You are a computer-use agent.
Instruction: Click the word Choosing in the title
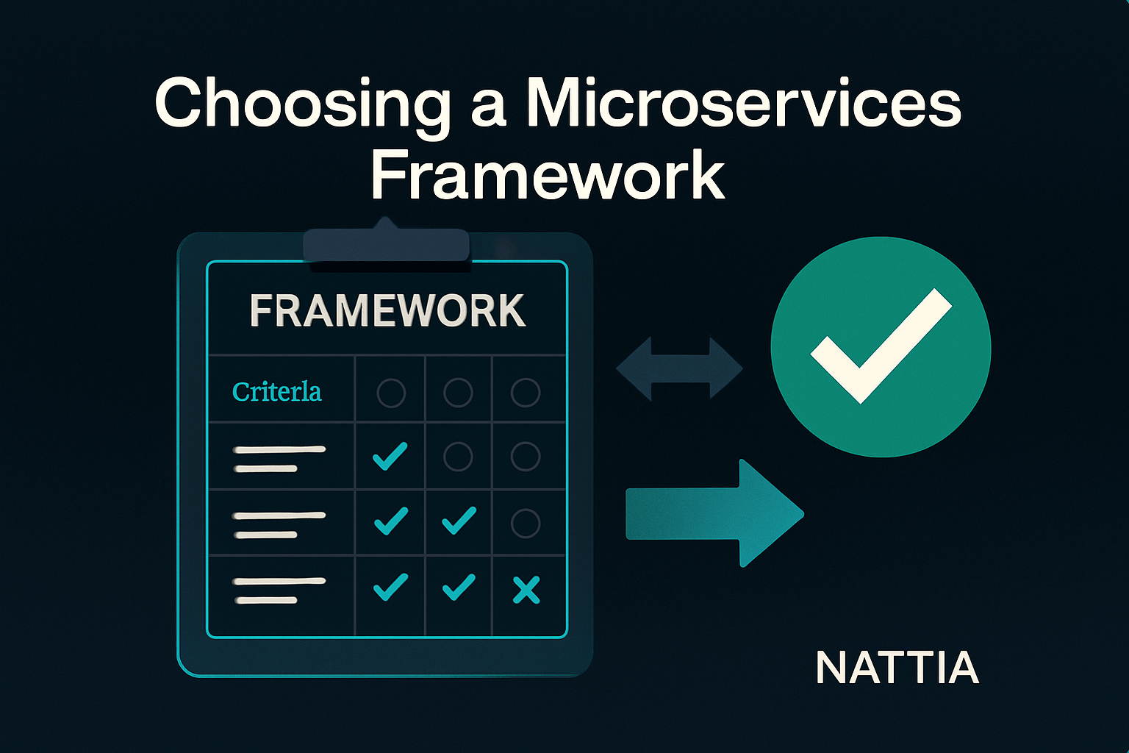point(302,107)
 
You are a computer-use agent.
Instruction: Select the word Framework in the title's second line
point(548,175)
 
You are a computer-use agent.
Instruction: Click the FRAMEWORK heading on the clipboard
point(387,310)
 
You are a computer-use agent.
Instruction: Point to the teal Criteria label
point(276,392)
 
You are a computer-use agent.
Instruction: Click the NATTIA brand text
point(897,667)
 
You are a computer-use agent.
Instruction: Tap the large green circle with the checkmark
point(881,347)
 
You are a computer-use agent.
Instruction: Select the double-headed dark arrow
point(679,368)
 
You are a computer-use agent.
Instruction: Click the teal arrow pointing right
point(714,513)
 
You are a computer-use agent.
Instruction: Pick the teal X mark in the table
point(526,590)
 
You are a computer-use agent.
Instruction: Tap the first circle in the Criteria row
point(391,393)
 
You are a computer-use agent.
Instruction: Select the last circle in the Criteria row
point(526,393)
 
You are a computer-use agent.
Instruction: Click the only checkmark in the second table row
point(390,456)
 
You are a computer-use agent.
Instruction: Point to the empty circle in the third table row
point(526,523)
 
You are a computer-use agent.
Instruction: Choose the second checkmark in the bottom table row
point(459,587)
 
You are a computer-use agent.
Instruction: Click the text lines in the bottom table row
point(279,590)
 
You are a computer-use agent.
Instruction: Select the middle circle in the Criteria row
point(458,393)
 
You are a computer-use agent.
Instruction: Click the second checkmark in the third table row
point(459,521)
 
